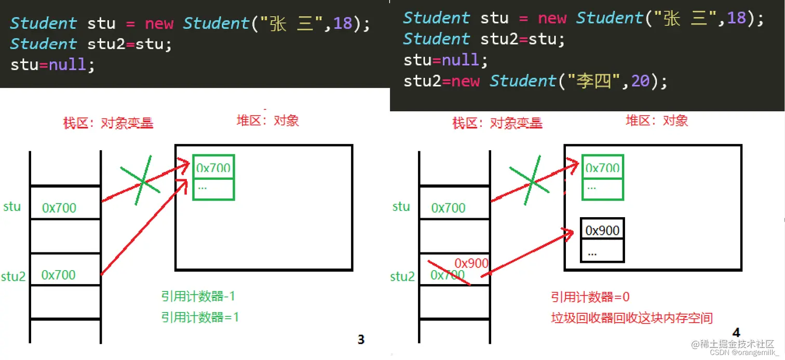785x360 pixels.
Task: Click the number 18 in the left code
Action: coord(343,23)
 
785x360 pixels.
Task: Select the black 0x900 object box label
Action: coord(602,230)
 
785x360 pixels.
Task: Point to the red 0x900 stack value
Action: coord(471,263)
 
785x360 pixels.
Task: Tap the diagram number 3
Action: coord(361,340)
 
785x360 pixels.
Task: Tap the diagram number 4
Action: coord(736,332)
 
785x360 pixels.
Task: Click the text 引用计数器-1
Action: coord(198,297)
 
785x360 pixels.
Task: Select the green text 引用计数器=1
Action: coord(200,317)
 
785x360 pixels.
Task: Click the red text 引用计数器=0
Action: coord(590,297)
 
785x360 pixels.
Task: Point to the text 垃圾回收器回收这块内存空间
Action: coord(632,318)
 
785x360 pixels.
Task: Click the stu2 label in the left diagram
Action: coord(13,276)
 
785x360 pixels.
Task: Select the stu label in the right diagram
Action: coord(401,207)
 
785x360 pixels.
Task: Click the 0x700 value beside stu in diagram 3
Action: coord(59,208)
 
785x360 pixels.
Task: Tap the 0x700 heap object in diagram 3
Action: coord(213,167)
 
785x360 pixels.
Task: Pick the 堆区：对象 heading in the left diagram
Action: coord(267,121)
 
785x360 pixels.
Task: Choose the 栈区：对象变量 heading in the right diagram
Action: coord(497,123)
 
